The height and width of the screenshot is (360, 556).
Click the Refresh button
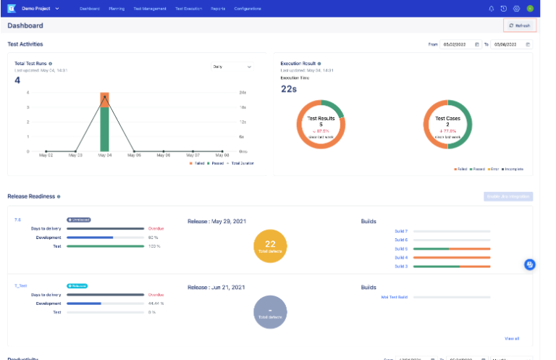pos(520,25)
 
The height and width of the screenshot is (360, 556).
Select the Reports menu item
pos(217,9)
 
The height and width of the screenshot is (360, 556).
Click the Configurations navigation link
pos(248,9)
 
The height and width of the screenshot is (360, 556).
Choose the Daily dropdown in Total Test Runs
pos(232,66)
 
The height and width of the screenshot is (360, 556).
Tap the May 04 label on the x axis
pos(105,155)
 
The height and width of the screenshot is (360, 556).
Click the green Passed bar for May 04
pos(105,130)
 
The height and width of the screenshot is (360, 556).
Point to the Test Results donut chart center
pos(321,124)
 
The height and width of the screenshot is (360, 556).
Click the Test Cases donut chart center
pos(447,124)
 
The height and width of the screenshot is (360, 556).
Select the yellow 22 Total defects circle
pos(270,247)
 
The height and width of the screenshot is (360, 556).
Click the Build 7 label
pos(400,231)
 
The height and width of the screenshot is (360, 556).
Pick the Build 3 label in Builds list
pos(400,267)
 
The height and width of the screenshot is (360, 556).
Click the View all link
pos(511,338)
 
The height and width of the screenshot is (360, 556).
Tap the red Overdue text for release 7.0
pos(156,228)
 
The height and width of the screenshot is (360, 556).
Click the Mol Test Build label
pos(394,296)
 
